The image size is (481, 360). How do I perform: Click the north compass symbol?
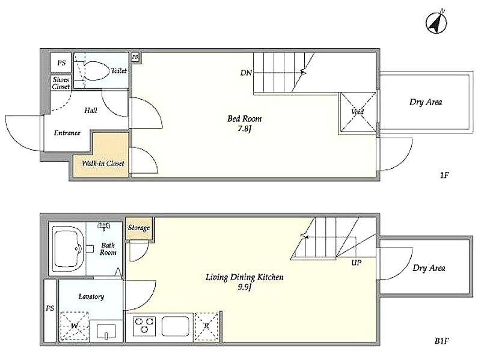tap(437, 22)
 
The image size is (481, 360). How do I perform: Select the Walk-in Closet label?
tap(103, 163)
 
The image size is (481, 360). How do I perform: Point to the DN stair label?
tap(246, 73)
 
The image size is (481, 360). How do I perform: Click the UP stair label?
tap(357, 263)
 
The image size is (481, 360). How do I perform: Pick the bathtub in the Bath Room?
tap(69, 249)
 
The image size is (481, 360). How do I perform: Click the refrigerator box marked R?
tap(206, 327)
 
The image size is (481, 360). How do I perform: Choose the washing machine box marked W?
tap(74, 326)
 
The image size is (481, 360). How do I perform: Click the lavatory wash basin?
tap(106, 331)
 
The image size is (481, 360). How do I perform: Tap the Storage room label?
tap(139, 228)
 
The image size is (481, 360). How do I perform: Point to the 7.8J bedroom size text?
tap(245, 129)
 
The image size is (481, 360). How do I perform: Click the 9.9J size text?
tap(245, 288)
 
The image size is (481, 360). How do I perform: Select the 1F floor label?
tap(444, 175)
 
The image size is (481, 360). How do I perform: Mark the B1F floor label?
tap(442, 341)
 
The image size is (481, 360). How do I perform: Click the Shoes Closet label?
tap(61, 83)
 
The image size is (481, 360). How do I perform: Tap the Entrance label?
tap(67, 133)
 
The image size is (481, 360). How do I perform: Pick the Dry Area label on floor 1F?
tap(426, 102)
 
